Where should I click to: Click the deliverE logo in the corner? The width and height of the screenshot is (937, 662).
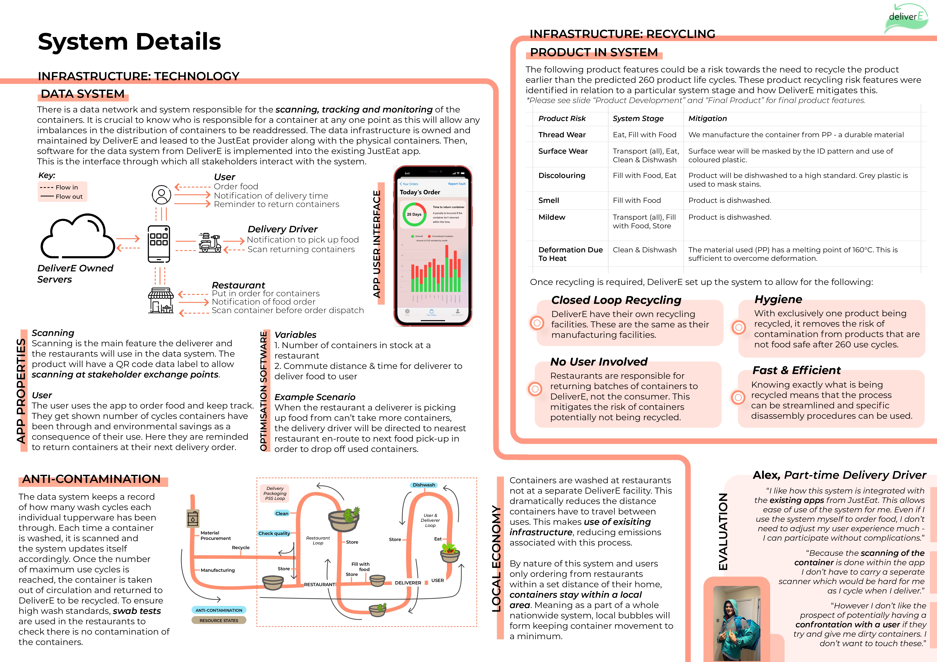coord(905,18)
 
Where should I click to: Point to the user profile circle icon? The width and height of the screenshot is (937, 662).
coord(162,195)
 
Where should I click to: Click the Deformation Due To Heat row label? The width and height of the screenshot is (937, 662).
coord(570,254)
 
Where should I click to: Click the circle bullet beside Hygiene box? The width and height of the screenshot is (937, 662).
coord(738,327)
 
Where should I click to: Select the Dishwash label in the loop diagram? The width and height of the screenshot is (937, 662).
coord(424,485)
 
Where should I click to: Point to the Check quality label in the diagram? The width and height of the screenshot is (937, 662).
coord(274,533)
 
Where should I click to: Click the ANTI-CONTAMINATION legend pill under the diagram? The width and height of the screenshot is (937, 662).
coord(219,610)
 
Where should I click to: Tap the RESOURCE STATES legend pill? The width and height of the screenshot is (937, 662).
coord(219,620)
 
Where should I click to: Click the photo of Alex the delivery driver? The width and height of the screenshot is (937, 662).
coord(736,623)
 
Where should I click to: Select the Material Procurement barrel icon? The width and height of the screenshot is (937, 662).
coord(193,519)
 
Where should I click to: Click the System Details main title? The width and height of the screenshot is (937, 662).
coord(129,42)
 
